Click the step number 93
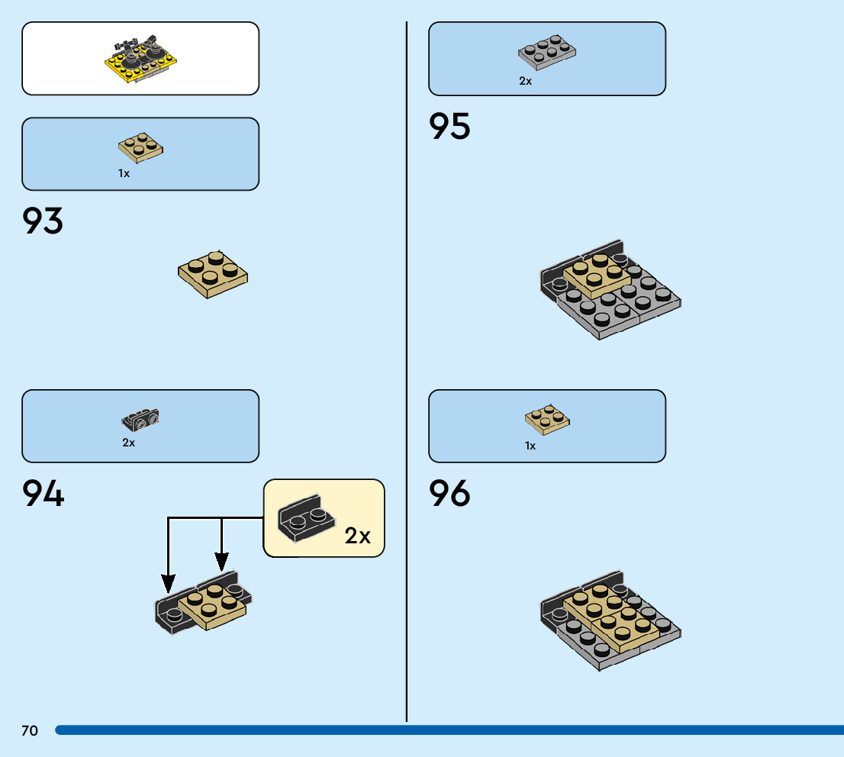[x=43, y=221]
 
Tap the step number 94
[x=43, y=494]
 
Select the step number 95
[x=449, y=127]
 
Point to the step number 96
[x=449, y=494]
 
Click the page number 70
[x=30, y=731]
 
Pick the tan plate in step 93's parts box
[x=140, y=148]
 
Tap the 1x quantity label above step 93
[x=124, y=173]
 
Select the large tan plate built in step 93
[x=213, y=274]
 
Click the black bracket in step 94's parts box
[x=140, y=418]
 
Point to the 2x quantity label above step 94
[x=128, y=443]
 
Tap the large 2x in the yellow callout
[x=357, y=536]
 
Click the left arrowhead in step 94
[x=168, y=584]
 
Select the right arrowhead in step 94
[x=221, y=564]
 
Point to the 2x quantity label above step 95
[x=525, y=81]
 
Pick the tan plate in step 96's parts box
[x=547, y=418]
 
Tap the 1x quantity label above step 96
[x=530, y=446]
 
